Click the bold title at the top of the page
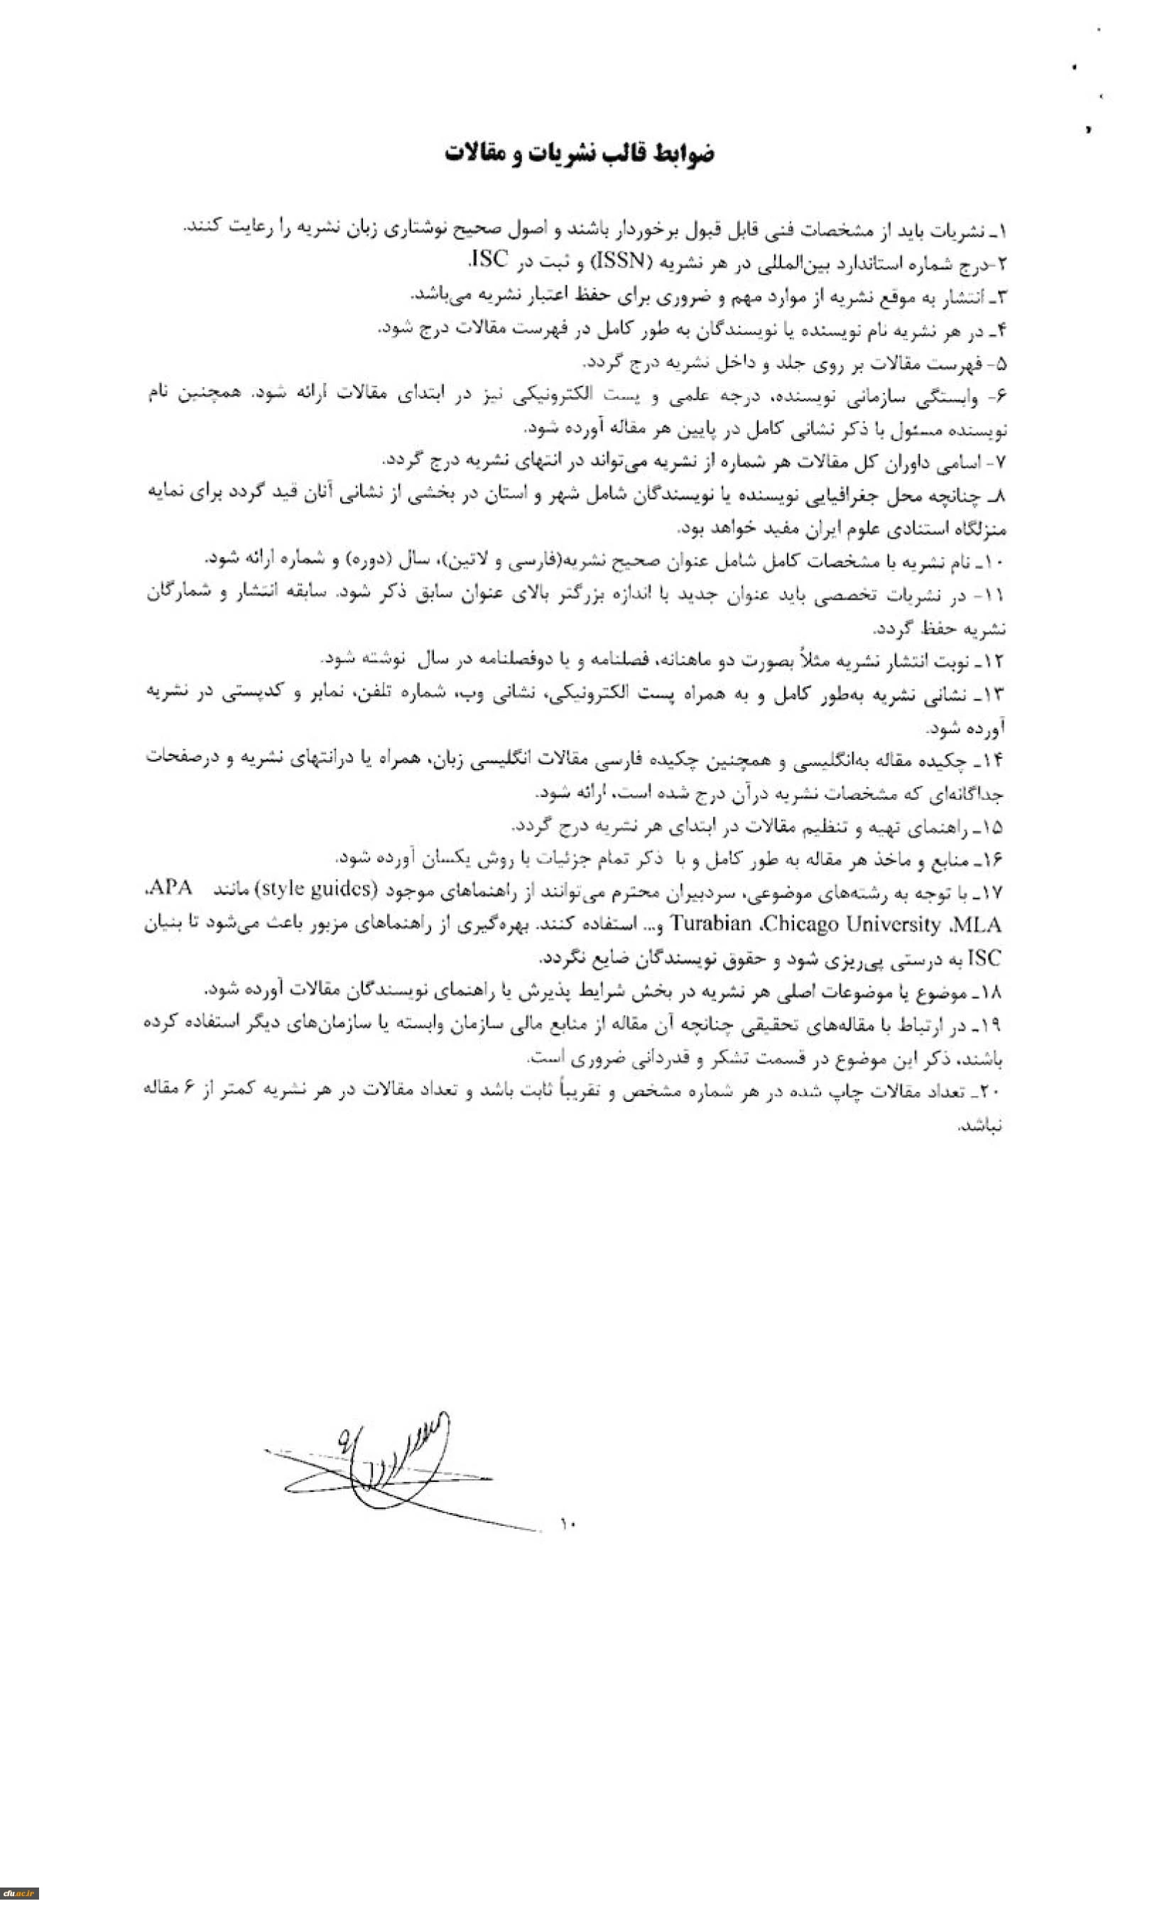pyautogui.click(x=580, y=153)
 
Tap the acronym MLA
pyautogui.click(x=978, y=924)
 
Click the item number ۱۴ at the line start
pyautogui.click(x=993, y=759)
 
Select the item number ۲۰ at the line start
pyautogui.click(x=991, y=1090)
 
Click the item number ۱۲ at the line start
pyautogui.click(x=993, y=661)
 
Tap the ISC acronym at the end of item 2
pyautogui.click(x=489, y=261)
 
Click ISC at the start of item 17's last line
pyautogui.click(x=984, y=958)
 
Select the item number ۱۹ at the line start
pyautogui.click(x=993, y=1025)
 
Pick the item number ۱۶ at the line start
pyautogui.click(x=993, y=860)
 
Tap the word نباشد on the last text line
pyautogui.click(x=981, y=1125)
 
